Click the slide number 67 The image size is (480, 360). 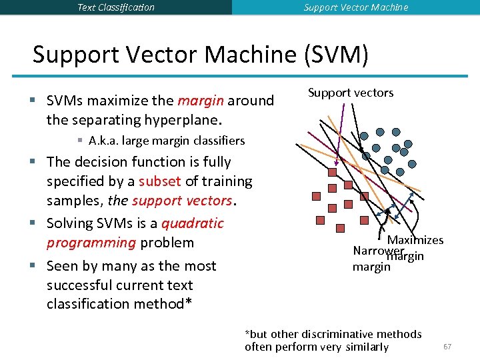[x=447, y=347]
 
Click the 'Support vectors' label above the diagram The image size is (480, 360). [x=351, y=93]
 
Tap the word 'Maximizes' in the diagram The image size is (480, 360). [x=415, y=240]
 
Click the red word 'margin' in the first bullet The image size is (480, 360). [x=201, y=101]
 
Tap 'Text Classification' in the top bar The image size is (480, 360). [x=115, y=7]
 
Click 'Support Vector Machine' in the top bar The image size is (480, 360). [x=356, y=7]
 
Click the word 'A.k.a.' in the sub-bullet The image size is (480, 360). [x=103, y=141]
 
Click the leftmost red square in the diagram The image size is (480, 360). [x=317, y=197]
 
